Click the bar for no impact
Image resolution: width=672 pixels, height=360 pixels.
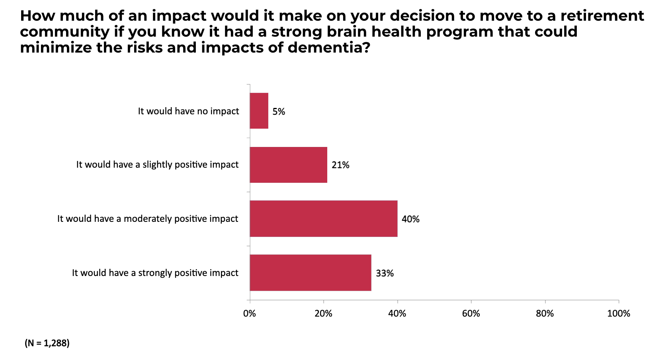coord(259,111)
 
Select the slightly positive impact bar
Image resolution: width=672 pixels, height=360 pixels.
coord(288,165)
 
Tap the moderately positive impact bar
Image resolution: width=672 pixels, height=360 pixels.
coord(323,219)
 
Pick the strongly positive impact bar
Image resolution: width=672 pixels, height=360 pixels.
coord(311,273)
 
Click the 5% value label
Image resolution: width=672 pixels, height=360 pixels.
coord(279,112)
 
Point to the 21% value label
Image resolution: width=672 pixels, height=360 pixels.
coord(340,165)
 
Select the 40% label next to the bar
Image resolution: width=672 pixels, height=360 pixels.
coord(410,219)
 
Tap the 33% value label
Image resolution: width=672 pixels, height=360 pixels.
coord(385,274)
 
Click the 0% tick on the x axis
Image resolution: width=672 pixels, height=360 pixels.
coord(250,314)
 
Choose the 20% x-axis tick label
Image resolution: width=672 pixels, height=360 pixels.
coord(323,314)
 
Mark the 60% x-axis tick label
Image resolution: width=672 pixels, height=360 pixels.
coord(471,314)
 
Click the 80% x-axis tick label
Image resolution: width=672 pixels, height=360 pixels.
coord(545,314)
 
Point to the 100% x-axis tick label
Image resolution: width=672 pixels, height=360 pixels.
coord(618,314)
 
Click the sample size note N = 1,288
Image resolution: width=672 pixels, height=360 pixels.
coord(47,343)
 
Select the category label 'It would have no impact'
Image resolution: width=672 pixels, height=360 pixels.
coord(188,111)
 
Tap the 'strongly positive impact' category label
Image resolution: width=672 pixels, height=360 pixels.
coord(155,273)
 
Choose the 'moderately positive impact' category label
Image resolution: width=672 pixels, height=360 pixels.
coord(148,219)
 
